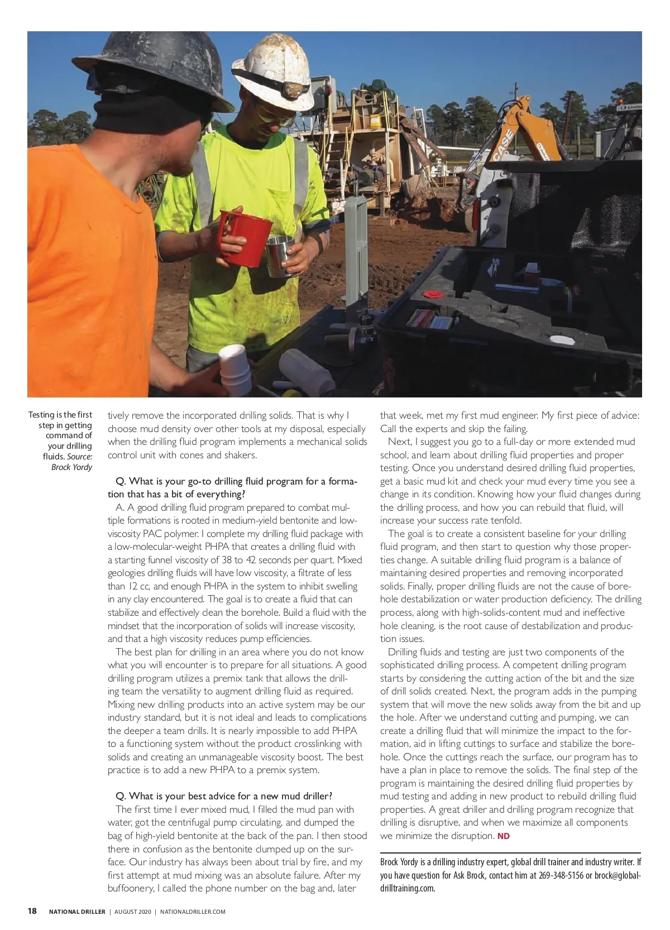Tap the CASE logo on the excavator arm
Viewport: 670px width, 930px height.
502,145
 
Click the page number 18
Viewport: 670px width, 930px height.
32,911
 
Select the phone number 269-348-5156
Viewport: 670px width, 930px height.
561,875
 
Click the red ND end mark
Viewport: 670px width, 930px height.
503,836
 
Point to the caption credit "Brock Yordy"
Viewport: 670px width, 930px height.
71,467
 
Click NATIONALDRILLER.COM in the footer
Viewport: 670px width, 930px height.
193,912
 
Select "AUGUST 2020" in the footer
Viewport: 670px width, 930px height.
132,912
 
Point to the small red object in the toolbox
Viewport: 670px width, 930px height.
432,294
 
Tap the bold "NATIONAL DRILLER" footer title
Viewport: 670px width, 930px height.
77,912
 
